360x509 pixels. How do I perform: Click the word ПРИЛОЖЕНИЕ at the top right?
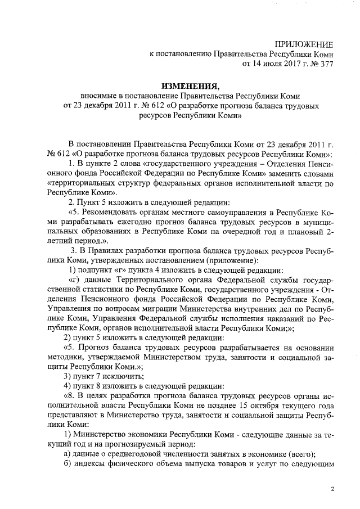[304, 44]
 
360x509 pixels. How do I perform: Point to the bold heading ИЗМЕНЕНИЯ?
[190, 86]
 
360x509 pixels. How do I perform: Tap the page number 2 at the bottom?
[332, 489]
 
